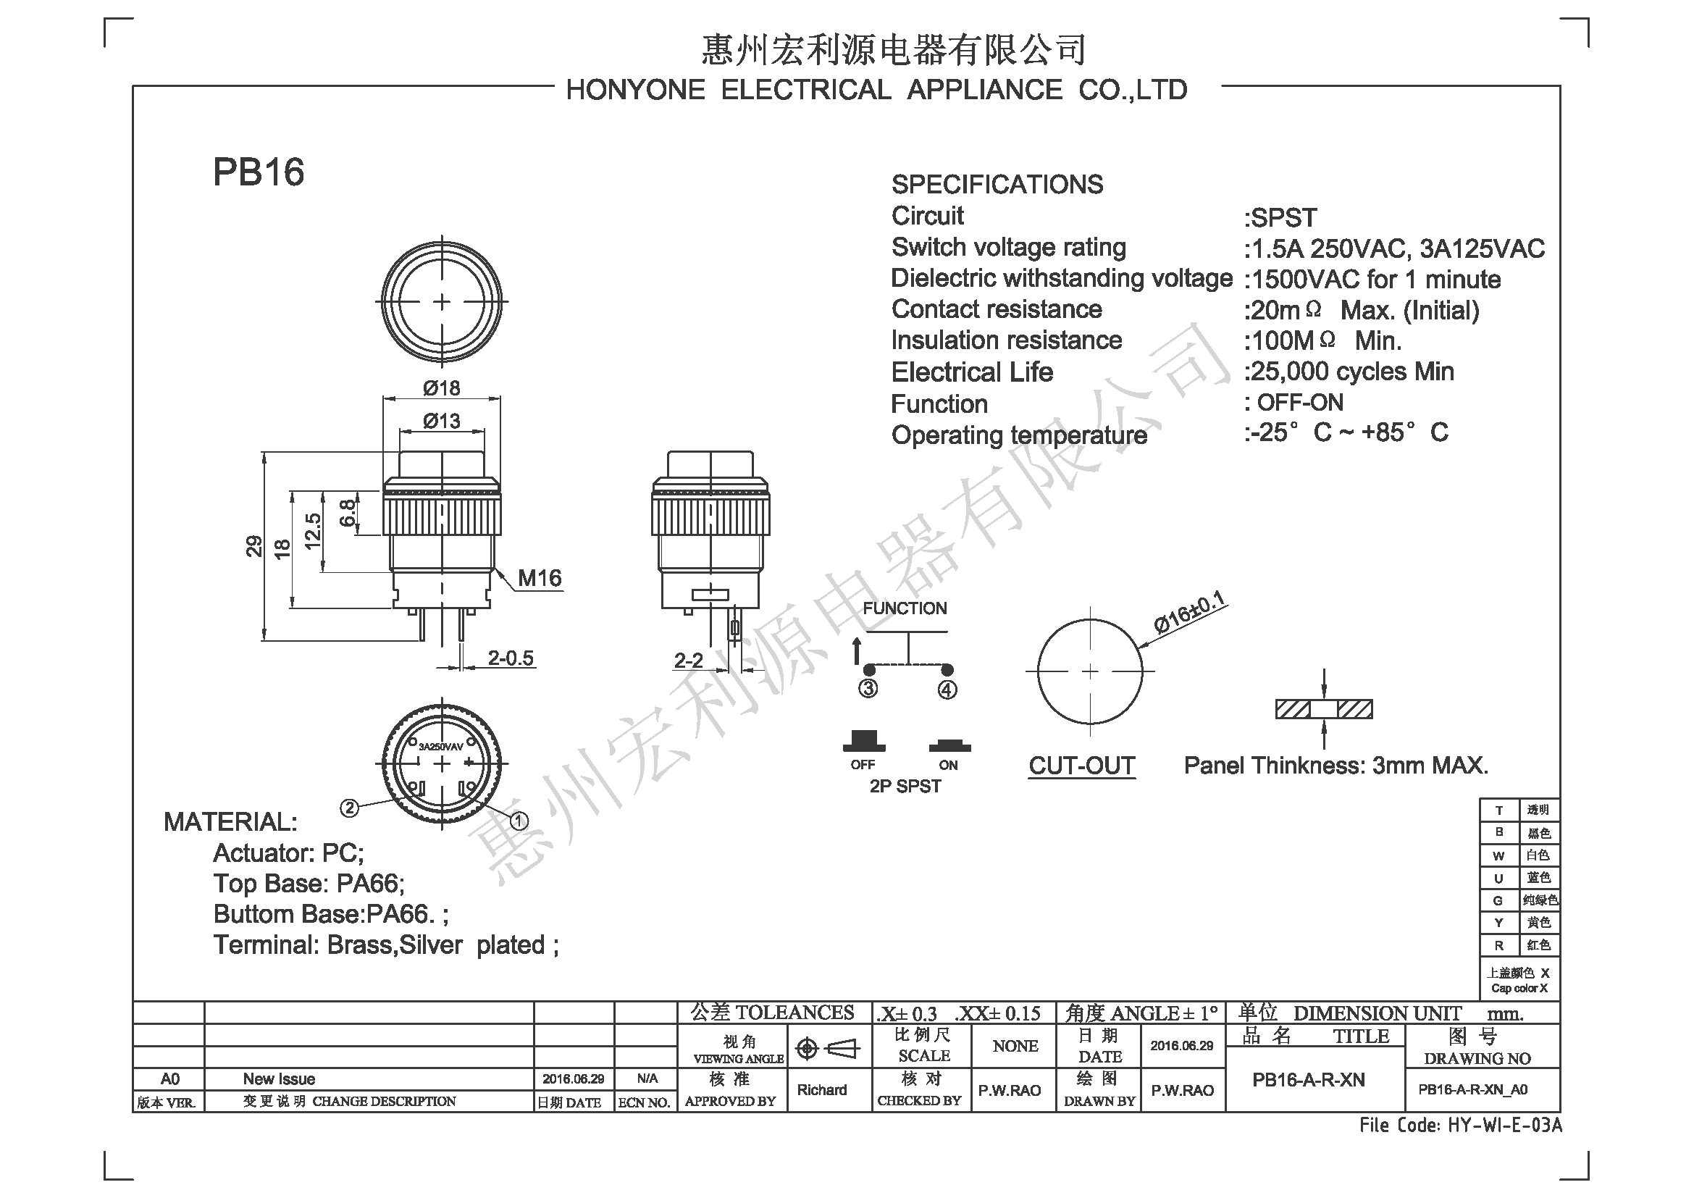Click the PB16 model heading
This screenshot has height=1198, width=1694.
[x=259, y=172]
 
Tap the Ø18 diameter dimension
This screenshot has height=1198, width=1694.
[x=441, y=388]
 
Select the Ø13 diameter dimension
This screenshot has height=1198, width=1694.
[x=441, y=421]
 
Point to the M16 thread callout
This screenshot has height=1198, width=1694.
[x=540, y=578]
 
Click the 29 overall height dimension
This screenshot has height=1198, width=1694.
[x=253, y=546]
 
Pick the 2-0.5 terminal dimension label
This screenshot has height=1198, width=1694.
[x=511, y=658]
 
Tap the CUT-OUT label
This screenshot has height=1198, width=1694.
[x=1081, y=766]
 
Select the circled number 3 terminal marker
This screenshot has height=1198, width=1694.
[x=868, y=689]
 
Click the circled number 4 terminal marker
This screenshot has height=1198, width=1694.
[x=947, y=690]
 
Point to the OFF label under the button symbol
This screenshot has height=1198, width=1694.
[x=863, y=765]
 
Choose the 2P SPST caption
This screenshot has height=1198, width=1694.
[x=905, y=787]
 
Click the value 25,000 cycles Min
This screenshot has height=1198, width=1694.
[x=1349, y=372]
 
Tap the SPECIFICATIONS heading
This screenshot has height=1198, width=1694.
[x=997, y=185]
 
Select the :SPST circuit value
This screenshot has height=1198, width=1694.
[x=1280, y=217]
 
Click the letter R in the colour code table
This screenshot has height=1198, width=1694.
[x=1498, y=946]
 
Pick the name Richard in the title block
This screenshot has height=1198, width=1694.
[x=822, y=1090]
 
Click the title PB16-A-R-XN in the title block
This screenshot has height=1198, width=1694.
[x=1309, y=1081]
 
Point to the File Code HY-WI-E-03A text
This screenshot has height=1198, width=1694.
[x=1461, y=1126]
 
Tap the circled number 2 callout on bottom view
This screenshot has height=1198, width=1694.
[x=349, y=808]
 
